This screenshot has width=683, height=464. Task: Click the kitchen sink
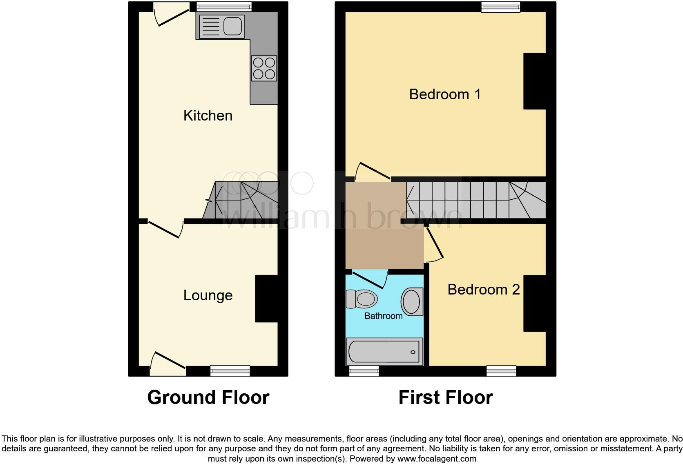[234, 26]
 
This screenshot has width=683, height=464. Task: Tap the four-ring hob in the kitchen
[264, 68]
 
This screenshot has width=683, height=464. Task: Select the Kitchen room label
[208, 116]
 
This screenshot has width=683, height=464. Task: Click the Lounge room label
[208, 295]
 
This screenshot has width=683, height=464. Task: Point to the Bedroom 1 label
[445, 94]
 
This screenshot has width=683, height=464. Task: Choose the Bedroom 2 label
[483, 290]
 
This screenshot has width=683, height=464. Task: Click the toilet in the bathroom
[362, 299]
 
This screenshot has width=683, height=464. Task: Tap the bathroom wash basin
[411, 301]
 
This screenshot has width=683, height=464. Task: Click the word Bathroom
[383, 316]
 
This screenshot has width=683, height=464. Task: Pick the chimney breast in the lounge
[266, 299]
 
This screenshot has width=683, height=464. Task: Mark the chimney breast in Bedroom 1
[534, 81]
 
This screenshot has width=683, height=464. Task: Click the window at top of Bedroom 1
[500, 7]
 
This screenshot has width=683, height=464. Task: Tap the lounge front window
[230, 370]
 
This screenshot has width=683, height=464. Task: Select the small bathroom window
[364, 371]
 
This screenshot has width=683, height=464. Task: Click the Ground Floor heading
[208, 397]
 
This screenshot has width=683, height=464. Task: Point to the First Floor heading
[445, 397]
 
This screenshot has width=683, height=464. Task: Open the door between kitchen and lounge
[165, 229]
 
